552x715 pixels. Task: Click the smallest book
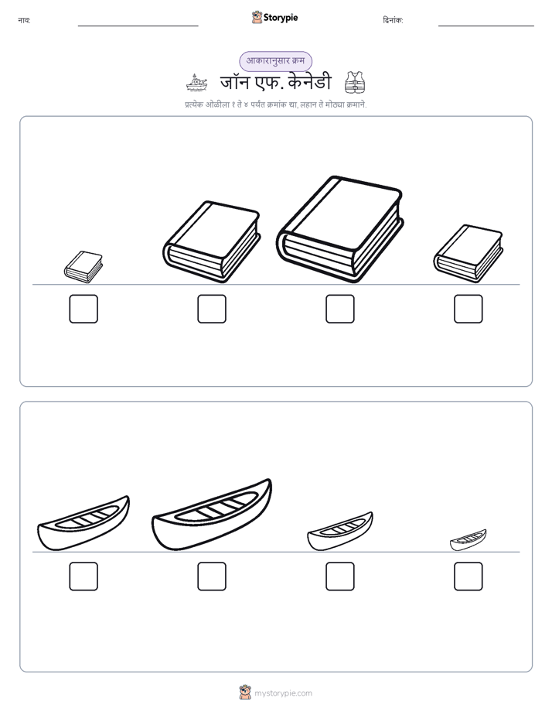click(83, 267)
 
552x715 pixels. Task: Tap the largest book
click(339, 229)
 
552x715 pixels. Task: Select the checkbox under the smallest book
click(83, 309)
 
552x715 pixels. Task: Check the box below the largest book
click(339, 309)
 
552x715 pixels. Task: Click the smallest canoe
click(469, 540)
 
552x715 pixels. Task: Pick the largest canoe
click(212, 515)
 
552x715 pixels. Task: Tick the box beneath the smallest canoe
click(469, 576)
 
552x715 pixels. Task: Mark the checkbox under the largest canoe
click(212, 576)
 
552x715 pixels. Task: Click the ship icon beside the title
click(196, 83)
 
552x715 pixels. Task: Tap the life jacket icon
click(355, 82)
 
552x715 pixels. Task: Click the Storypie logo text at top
click(281, 18)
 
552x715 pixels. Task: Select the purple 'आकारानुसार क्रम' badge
click(275, 61)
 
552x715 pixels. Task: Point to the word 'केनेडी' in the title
click(310, 83)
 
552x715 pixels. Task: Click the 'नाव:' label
click(24, 20)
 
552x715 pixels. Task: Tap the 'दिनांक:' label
click(393, 20)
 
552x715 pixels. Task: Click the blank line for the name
click(138, 26)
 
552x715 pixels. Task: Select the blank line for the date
click(486, 26)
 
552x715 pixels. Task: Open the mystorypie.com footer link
click(283, 693)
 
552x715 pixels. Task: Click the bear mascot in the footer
click(245, 693)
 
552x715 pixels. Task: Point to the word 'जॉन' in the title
click(234, 83)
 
